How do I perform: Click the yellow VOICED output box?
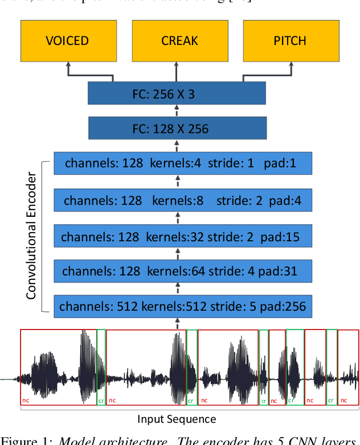point(67,41)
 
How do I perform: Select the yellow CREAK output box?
point(179,41)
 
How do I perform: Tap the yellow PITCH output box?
point(290,41)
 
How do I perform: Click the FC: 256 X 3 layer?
point(177,93)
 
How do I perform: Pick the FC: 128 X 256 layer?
point(177,129)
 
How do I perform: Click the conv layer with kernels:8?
point(182,200)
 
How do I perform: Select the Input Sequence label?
point(177,419)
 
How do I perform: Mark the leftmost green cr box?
point(101,367)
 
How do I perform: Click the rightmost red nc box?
point(348,367)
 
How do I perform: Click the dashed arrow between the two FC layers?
point(177,110)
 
